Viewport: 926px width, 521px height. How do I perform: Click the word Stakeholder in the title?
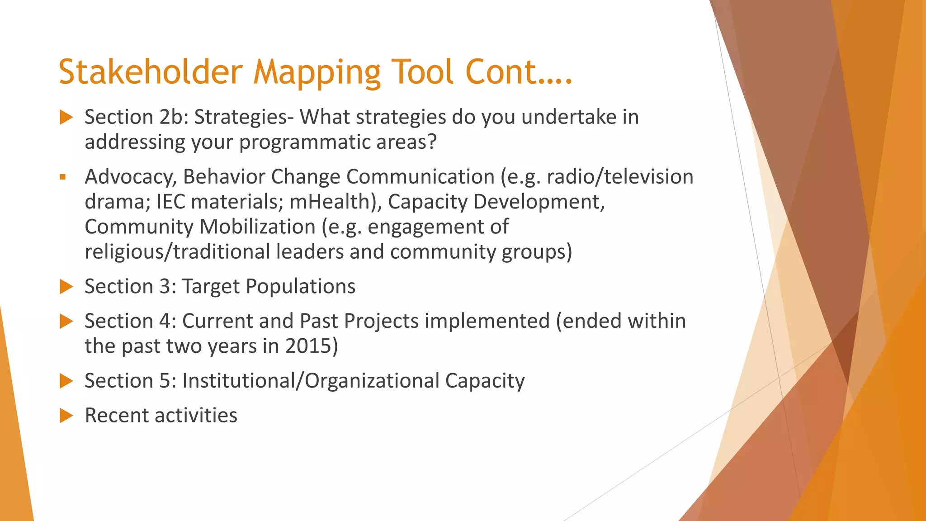(151, 72)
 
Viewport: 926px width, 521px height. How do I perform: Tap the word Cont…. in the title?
(519, 72)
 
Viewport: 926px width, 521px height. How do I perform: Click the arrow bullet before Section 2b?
(66, 118)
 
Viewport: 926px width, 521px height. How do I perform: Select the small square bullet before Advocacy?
(63, 177)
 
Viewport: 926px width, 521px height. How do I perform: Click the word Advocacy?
(131, 177)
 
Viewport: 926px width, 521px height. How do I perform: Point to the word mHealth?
(330, 202)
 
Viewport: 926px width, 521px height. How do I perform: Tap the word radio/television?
(620, 177)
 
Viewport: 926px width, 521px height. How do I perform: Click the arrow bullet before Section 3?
(66, 287)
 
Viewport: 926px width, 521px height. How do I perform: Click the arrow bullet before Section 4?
(66, 322)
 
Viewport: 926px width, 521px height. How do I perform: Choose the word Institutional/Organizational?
(311, 381)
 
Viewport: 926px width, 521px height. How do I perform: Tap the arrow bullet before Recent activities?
(66, 416)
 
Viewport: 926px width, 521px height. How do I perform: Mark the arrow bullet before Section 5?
(66, 381)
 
